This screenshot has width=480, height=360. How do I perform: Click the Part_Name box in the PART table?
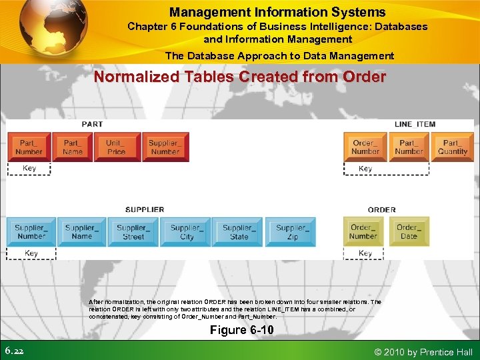pos(73,147)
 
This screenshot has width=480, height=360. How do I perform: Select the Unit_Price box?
pos(115,147)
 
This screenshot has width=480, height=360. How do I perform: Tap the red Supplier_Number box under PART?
pos(165,147)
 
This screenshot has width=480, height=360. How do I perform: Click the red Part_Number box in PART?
pos(29,147)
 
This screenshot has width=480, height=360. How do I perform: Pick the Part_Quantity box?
pos(453,147)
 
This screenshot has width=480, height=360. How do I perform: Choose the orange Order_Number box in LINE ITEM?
pos(365,147)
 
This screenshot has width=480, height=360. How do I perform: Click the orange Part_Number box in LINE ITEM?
pos(409,147)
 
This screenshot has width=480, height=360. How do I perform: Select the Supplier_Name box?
pos(81,231)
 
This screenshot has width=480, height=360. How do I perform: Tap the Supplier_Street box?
pos(133,231)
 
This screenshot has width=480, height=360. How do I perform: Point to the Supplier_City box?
pos(187,231)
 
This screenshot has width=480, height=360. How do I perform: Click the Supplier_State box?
pos(239,231)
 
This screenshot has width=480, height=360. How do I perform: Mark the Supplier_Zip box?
pos(291,231)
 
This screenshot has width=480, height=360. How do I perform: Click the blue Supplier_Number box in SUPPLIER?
pos(31,231)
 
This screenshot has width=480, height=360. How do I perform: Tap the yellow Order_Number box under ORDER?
pos(363,231)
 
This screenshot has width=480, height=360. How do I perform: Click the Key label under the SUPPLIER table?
pos(31,253)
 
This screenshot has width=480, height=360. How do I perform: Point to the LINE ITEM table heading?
pos(415,124)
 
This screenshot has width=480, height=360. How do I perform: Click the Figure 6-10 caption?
pos(241,330)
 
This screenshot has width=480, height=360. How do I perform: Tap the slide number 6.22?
pos(15,351)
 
